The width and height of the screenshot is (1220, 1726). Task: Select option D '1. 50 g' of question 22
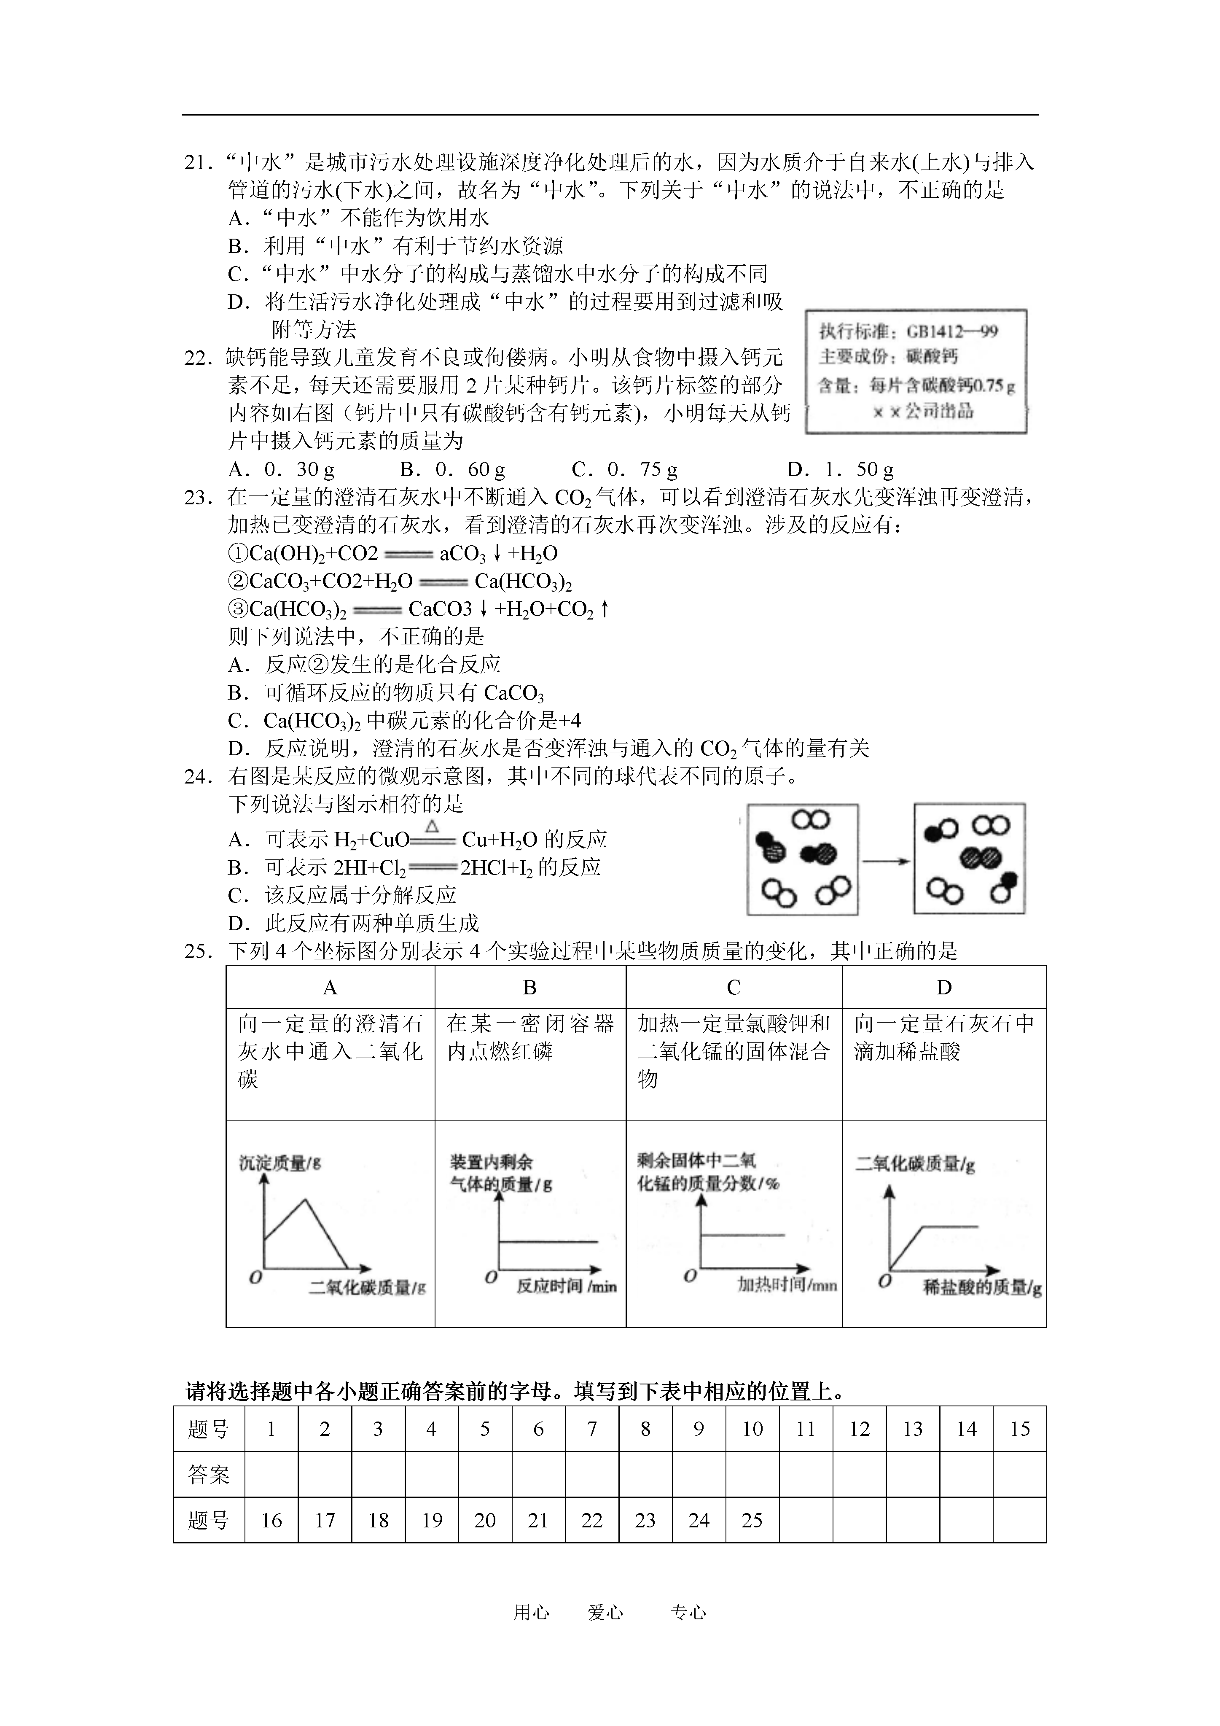tap(841, 470)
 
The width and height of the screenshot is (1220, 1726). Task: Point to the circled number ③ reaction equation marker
tap(237, 609)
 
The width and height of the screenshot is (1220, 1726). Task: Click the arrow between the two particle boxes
tap(886, 861)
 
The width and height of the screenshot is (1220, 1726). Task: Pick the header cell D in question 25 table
tap(944, 988)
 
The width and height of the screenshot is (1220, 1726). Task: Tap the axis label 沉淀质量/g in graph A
tap(279, 1163)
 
